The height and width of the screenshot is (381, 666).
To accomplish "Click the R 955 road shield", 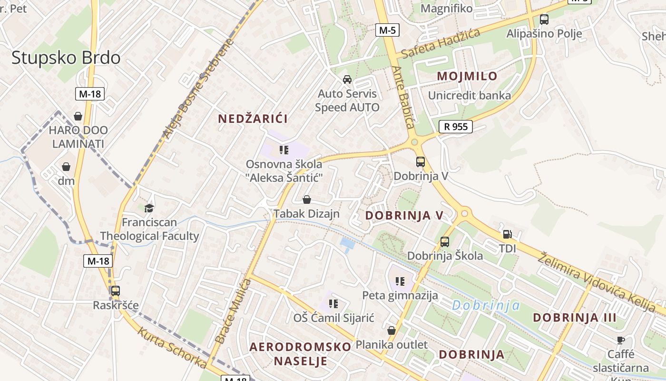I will click(455, 126).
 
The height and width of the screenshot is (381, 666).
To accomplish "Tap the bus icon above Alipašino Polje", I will click(544, 20).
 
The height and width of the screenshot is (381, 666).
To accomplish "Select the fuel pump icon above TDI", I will click(507, 234).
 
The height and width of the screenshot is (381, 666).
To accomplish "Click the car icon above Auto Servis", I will click(347, 80).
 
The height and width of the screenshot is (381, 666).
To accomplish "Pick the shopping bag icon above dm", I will click(66, 167).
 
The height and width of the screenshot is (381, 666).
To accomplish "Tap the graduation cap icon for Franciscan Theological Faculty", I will click(149, 208).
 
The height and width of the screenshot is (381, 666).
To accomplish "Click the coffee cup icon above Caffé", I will click(620, 340).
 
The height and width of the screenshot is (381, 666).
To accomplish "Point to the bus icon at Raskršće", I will click(116, 291).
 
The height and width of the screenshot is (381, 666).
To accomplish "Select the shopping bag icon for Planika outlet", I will click(392, 330).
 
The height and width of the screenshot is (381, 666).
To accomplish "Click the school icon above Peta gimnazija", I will click(400, 281).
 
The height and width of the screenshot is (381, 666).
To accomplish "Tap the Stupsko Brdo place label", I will click(66, 58).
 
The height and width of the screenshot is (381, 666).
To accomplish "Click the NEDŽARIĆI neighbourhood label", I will click(253, 119).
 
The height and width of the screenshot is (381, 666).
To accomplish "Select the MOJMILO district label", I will click(467, 76).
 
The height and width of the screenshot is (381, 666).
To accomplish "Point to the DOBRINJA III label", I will click(574, 318).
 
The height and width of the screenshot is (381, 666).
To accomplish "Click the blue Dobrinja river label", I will click(486, 305).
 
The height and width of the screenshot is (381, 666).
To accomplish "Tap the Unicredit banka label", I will click(469, 95).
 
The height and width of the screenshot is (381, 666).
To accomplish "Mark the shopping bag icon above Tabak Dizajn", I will click(307, 200).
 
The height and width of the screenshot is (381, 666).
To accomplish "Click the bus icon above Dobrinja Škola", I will click(445, 242).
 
